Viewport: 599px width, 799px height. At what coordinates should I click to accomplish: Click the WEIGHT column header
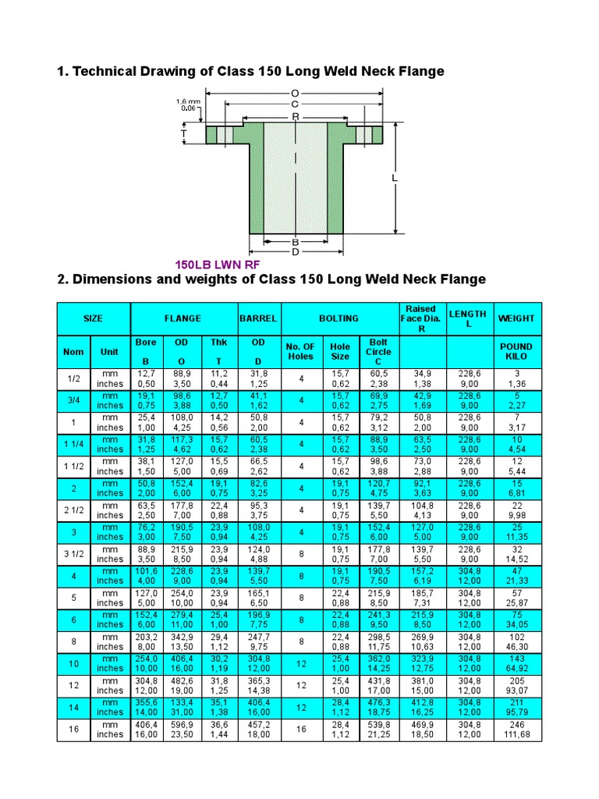click(516, 318)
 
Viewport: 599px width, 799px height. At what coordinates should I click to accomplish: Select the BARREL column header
click(257, 318)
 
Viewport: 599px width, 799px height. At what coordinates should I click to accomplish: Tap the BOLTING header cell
click(338, 318)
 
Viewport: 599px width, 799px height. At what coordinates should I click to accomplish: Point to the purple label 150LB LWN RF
click(216, 265)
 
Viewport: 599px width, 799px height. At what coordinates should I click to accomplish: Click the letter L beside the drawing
click(395, 178)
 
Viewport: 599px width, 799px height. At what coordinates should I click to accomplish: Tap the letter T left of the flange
click(185, 133)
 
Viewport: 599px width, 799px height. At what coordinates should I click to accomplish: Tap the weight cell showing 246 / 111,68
click(516, 729)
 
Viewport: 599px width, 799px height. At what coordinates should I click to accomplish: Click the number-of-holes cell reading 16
click(299, 729)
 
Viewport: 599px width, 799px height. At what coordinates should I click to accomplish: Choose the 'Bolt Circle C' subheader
click(378, 352)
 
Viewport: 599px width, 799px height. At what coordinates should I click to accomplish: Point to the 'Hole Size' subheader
click(340, 352)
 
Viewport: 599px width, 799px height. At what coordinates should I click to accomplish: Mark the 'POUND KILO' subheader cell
click(516, 352)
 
